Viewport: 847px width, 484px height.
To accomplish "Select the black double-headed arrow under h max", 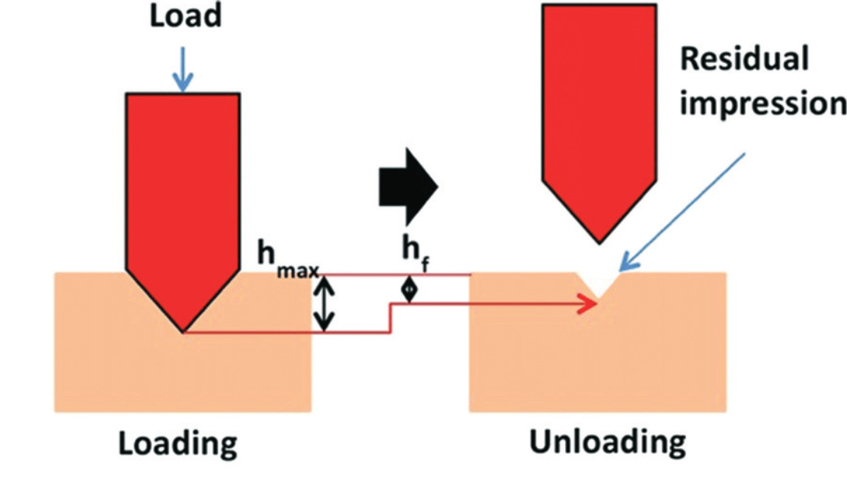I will coord(326,303).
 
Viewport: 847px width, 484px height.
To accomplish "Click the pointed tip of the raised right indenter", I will coord(599,240).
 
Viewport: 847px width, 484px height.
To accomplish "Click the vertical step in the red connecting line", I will coord(390,318).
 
